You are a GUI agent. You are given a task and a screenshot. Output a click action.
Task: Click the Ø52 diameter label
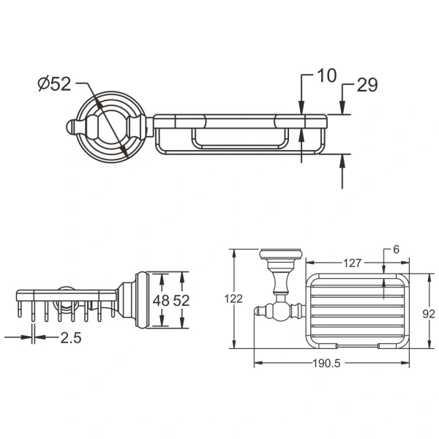54,84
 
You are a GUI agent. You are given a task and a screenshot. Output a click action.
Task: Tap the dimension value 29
367,85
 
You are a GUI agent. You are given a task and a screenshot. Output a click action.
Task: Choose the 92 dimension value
429,314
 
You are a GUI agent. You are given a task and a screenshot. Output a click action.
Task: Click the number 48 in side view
162,301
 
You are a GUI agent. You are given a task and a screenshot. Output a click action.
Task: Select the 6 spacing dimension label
396,250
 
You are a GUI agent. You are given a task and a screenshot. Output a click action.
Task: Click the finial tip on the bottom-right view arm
257,314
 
